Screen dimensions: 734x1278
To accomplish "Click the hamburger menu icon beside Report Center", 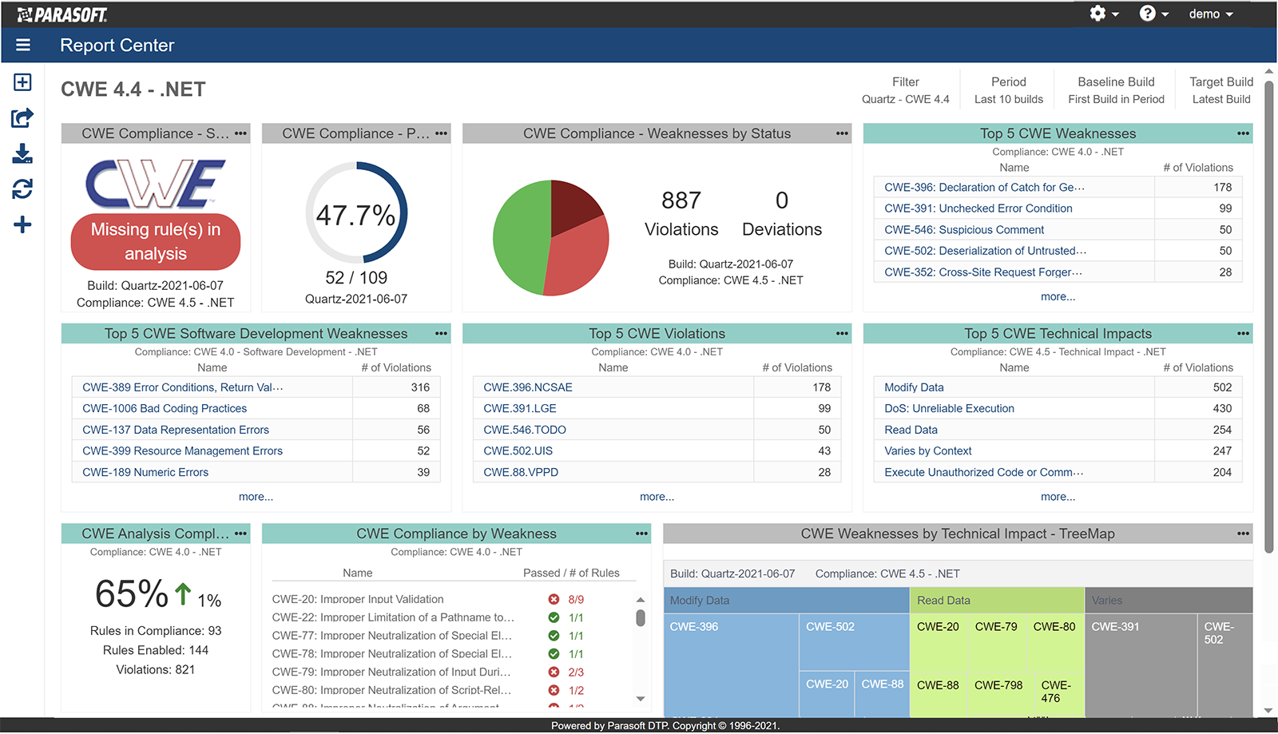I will [x=23, y=46].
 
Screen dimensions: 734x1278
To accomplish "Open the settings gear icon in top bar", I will [x=1098, y=14].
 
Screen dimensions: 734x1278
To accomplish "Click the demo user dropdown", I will [x=1210, y=14].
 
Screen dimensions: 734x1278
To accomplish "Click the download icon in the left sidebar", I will [x=22, y=153].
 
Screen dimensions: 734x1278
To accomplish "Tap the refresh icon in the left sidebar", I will [x=22, y=189].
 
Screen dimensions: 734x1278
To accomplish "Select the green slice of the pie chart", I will [x=519, y=240].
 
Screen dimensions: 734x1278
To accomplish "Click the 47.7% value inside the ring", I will [x=355, y=215].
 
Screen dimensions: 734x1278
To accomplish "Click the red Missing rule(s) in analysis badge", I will [x=156, y=241].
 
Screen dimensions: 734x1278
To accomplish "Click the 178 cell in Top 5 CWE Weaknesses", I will [x=1222, y=187].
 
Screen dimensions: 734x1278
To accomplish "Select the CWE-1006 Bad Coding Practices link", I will [x=165, y=408].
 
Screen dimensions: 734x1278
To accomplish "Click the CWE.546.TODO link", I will [x=524, y=430].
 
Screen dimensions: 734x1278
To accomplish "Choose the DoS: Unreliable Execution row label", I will [x=949, y=408].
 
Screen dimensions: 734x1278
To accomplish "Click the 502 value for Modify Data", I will [x=1222, y=387].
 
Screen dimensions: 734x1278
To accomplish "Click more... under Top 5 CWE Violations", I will [x=657, y=497].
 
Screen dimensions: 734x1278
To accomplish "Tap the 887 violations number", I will [x=681, y=200].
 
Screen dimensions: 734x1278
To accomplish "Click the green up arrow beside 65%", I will [x=183, y=593].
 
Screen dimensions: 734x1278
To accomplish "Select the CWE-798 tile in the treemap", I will [x=998, y=685].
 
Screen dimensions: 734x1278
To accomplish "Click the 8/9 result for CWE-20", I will [x=576, y=599].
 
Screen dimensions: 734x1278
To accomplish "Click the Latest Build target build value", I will [x=1221, y=99].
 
